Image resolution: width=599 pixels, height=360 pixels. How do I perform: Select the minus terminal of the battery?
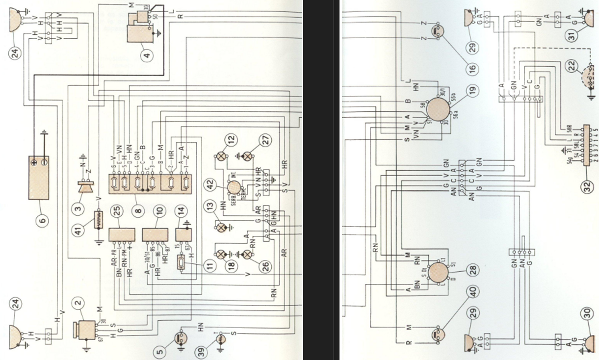pos(44,162)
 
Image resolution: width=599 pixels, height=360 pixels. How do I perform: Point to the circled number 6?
pos(42,221)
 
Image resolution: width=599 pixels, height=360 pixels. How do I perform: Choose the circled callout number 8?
pos(139,211)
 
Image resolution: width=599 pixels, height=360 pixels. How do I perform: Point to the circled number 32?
pos(587,187)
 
